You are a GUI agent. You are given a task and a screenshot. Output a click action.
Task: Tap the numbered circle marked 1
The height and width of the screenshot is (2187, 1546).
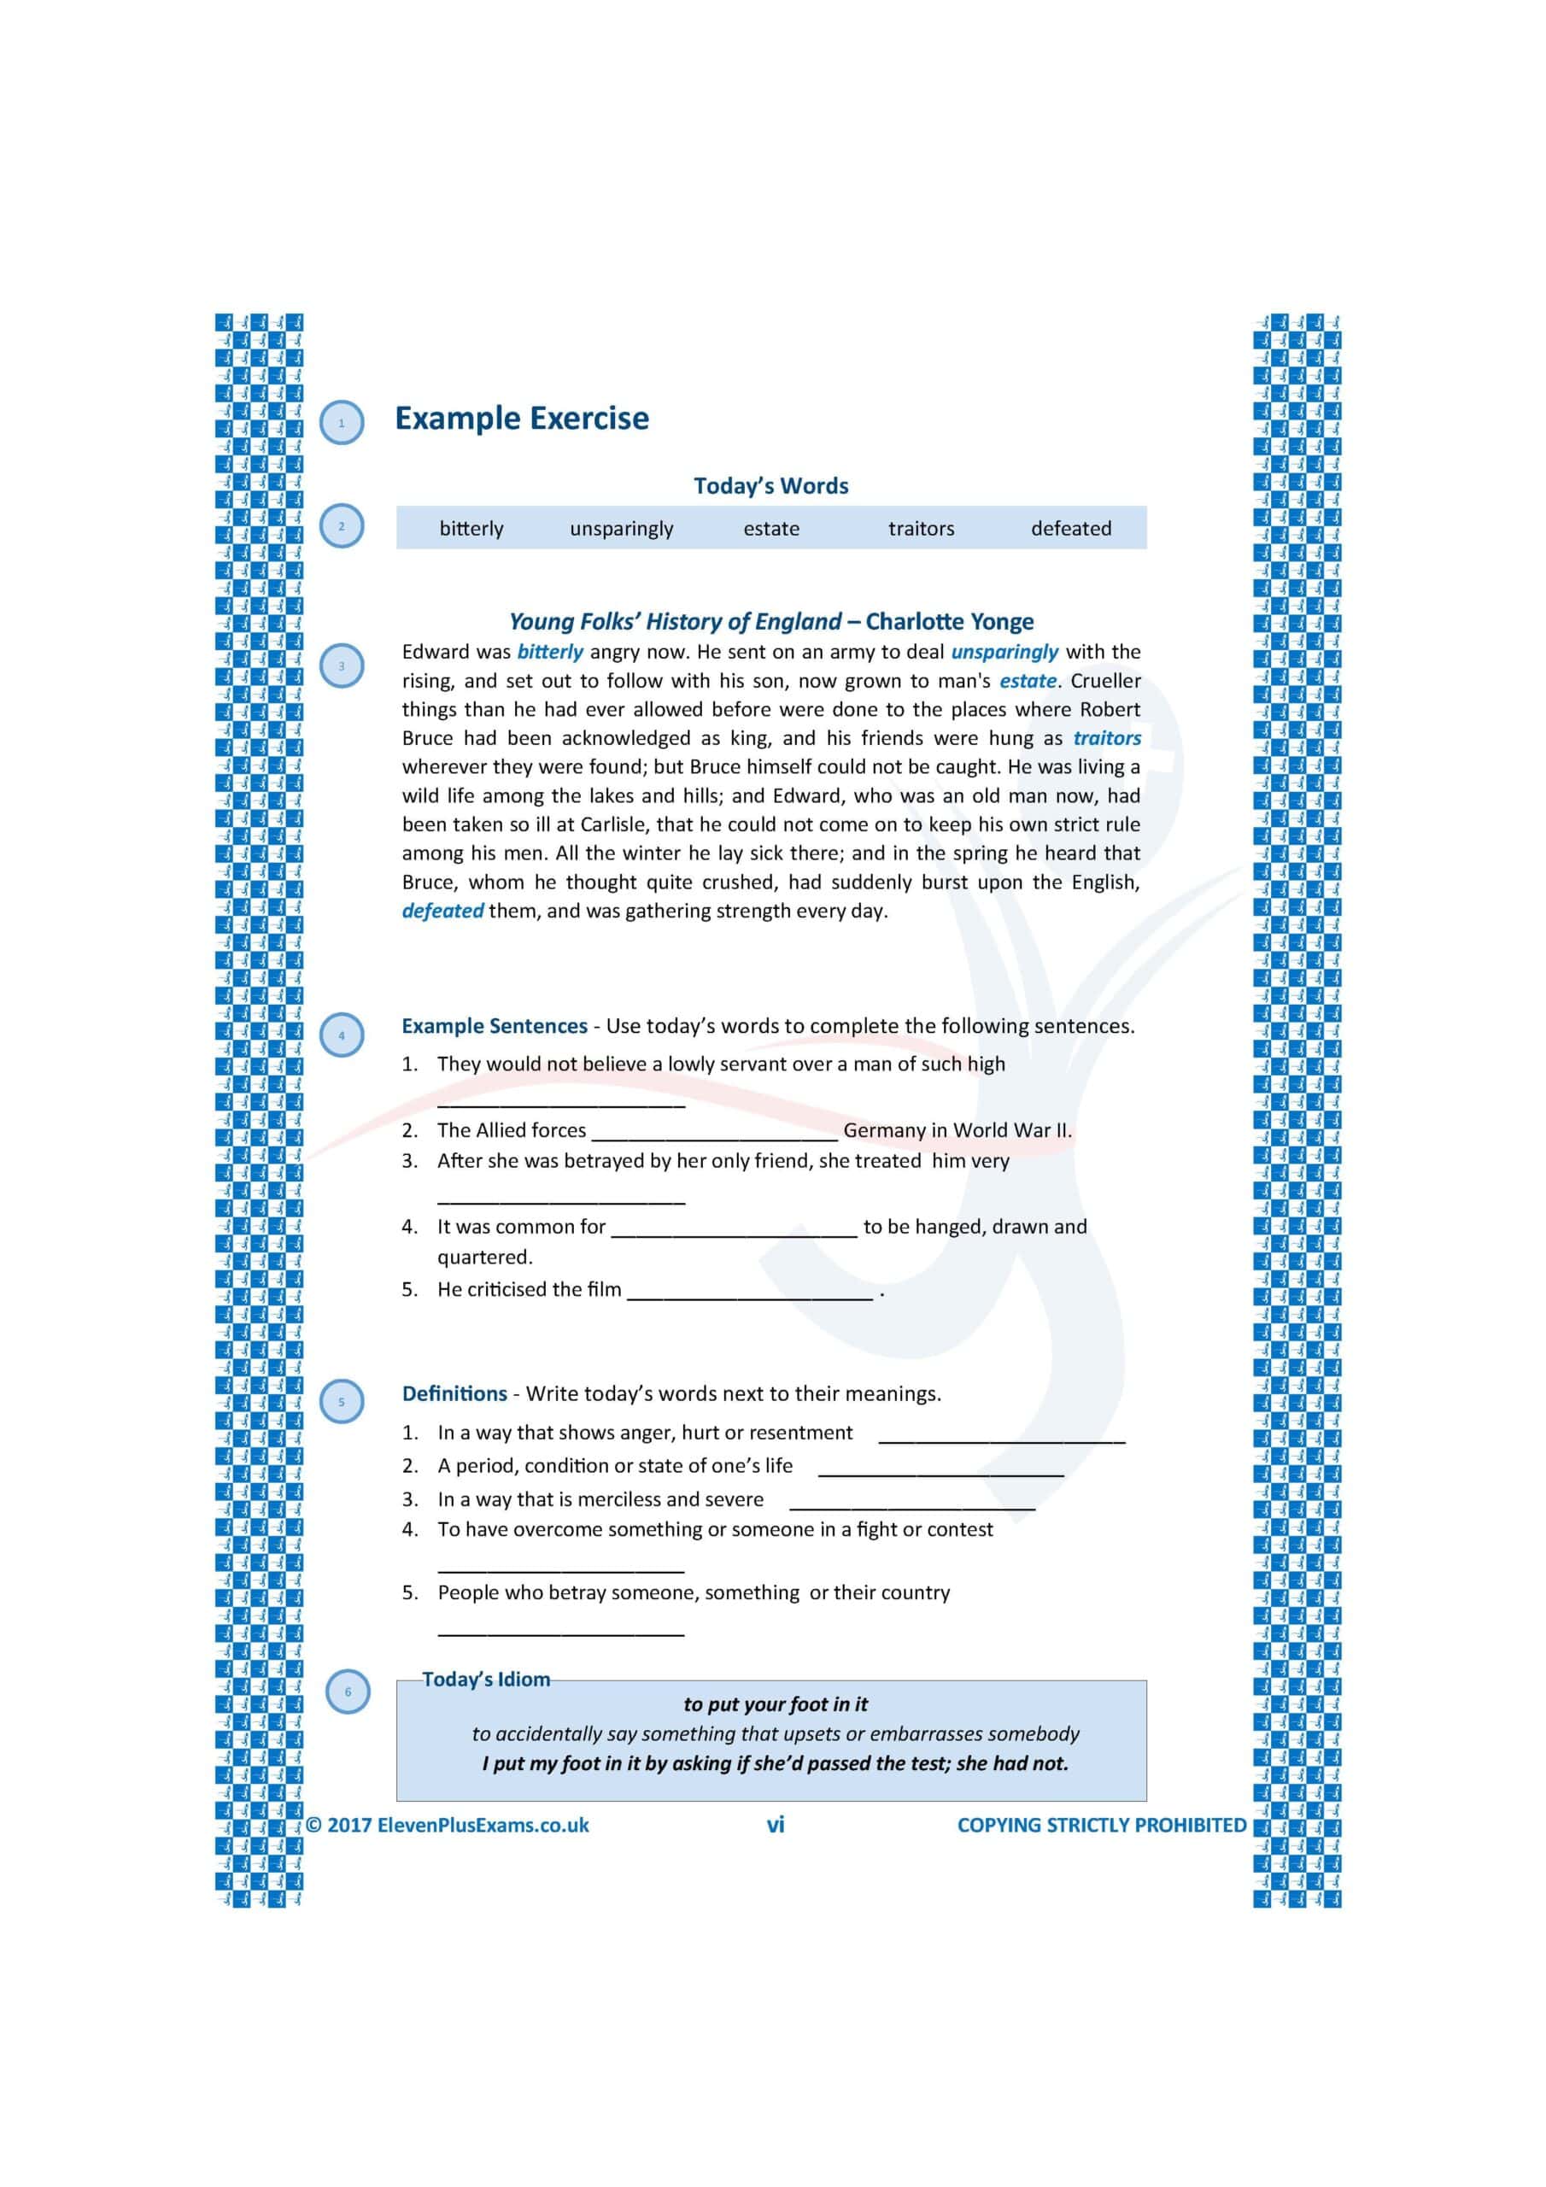(x=342, y=423)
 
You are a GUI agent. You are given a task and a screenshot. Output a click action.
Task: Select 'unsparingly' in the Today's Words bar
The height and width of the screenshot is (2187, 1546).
(x=621, y=529)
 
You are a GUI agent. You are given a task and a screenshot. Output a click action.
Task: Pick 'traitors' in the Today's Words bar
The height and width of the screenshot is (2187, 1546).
(x=920, y=529)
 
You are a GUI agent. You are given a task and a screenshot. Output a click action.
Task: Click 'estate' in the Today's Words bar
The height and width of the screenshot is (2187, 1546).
(x=770, y=529)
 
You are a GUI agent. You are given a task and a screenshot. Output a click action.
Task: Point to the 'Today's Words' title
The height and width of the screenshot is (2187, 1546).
(x=770, y=486)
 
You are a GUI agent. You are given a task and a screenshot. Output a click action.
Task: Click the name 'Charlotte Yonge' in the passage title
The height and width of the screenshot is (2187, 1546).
(x=949, y=622)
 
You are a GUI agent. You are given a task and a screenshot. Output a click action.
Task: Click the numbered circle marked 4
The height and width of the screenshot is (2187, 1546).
(x=342, y=1035)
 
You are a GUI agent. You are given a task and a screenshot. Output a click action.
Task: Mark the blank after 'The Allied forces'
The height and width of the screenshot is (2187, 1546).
(x=714, y=1133)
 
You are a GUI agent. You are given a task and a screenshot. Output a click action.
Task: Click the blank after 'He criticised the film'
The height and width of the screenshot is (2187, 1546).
(x=750, y=1292)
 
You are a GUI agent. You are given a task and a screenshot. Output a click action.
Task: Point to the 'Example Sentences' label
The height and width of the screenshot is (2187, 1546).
(x=495, y=1026)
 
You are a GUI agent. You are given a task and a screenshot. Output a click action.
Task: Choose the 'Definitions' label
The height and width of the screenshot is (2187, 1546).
(x=454, y=1393)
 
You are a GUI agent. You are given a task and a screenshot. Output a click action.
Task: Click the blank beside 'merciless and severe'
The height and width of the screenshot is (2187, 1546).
(x=911, y=1501)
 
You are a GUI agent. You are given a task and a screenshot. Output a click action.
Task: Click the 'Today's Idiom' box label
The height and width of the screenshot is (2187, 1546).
(x=486, y=1680)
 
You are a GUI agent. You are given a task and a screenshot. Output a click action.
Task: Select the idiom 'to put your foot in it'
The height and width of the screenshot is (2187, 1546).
(x=776, y=1704)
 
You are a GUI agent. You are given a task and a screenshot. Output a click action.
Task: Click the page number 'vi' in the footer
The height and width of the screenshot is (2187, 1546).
(x=776, y=1825)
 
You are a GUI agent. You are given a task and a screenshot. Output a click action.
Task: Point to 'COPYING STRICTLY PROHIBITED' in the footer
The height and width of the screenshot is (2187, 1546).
(x=1101, y=1825)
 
